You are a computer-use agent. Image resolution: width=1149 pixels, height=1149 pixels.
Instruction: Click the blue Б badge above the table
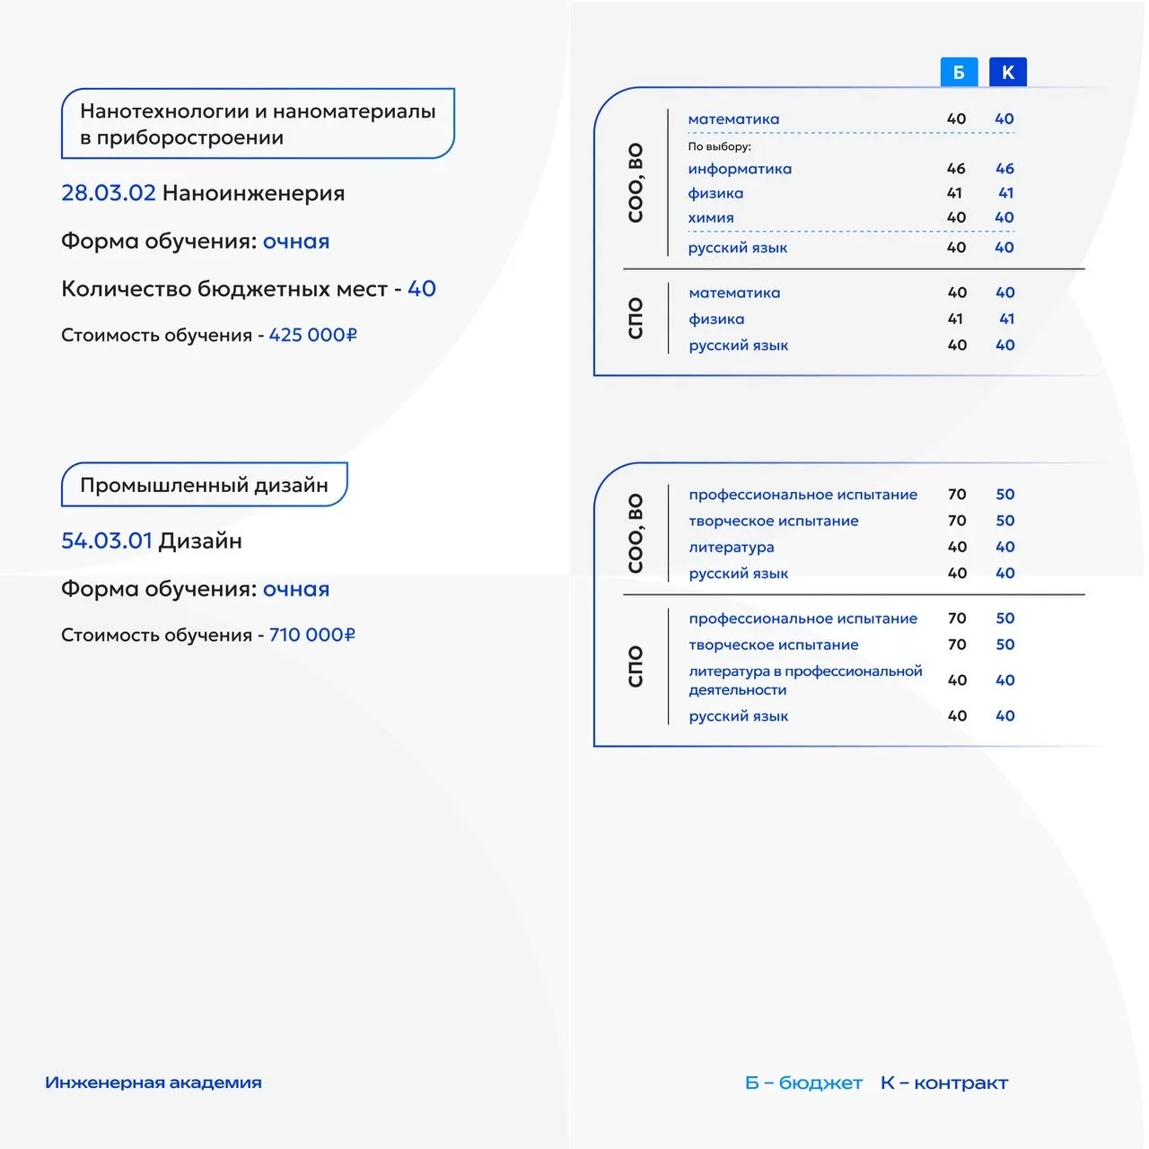click(x=959, y=72)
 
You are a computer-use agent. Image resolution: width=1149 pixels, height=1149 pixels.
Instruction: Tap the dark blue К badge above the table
click(x=1007, y=72)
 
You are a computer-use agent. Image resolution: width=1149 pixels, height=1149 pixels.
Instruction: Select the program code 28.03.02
click(x=108, y=193)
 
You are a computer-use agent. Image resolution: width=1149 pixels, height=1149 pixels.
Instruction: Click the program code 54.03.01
click(x=107, y=540)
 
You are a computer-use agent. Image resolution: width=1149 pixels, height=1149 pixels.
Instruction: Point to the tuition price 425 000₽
click(x=312, y=335)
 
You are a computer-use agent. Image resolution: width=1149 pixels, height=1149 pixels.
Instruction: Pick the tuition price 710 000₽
click(x=312, y=635)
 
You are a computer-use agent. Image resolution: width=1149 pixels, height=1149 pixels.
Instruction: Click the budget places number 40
click(x=422, y=288)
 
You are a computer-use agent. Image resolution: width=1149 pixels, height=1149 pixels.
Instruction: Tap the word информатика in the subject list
click(x=740, y=169)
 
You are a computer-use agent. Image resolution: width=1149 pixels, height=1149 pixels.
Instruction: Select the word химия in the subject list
click(x=711, y=217)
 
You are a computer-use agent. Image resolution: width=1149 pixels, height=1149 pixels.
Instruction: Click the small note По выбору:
click(x=719, y=146)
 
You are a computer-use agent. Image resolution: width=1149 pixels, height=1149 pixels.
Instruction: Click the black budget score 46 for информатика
click(x=956, y=169)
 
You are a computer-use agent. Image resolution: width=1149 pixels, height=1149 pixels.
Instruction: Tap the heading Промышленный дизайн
click(x=204, y=485)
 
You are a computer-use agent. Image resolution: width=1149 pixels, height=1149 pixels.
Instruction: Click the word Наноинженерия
click(x=253, y=193)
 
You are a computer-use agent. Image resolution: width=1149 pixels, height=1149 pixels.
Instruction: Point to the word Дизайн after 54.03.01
click(x=200, y=540)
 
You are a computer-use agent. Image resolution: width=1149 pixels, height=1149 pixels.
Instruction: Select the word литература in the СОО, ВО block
click(x=731, y=547)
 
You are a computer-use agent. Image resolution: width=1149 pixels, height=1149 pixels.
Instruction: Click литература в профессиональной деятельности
click(x=804, y=680)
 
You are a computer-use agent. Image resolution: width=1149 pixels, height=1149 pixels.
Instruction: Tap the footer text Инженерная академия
click(x=153, y=1083)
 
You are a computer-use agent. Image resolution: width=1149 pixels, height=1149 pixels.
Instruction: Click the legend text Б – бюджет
click(x=803, y=1083)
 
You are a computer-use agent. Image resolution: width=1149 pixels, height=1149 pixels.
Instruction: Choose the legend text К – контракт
click(x=944, y=1083)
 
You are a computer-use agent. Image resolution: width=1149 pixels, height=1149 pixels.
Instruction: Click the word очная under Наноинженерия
click(x=296, y=241)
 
